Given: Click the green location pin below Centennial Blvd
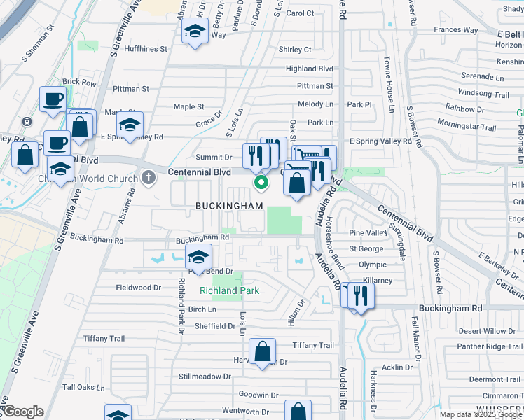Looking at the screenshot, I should pyautogui.click(x=261, y=183).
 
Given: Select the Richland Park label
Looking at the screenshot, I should pyautogui.click(x=229, y=290).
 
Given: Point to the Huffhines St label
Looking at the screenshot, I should pyautogui.click(x=145, y=49).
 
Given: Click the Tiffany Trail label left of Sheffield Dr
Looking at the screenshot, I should pyautogui.click(x=104, y=339).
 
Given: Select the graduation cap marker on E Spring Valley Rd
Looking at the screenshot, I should pyautogui.click(x=130, y=125).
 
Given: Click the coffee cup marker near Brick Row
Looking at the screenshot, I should pyautogui.click(x=53, y=99).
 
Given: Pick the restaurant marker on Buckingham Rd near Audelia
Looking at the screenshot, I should pyautogui.click(x=361, y=295).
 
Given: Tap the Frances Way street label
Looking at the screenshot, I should pyautogui.click(x=455, y=30).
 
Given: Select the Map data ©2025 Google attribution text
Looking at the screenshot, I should pyautogui.click(x=480, y=414).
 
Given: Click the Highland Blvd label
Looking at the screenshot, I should pyautogui.click(x=309, y=69).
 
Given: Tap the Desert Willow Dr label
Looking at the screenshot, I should pyautogui.click(x=487, y=331).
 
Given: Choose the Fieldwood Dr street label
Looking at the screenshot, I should pyautogui.click(x=138, y=288).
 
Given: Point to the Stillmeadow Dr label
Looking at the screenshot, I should pyautogui.click(x=205, y=377).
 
